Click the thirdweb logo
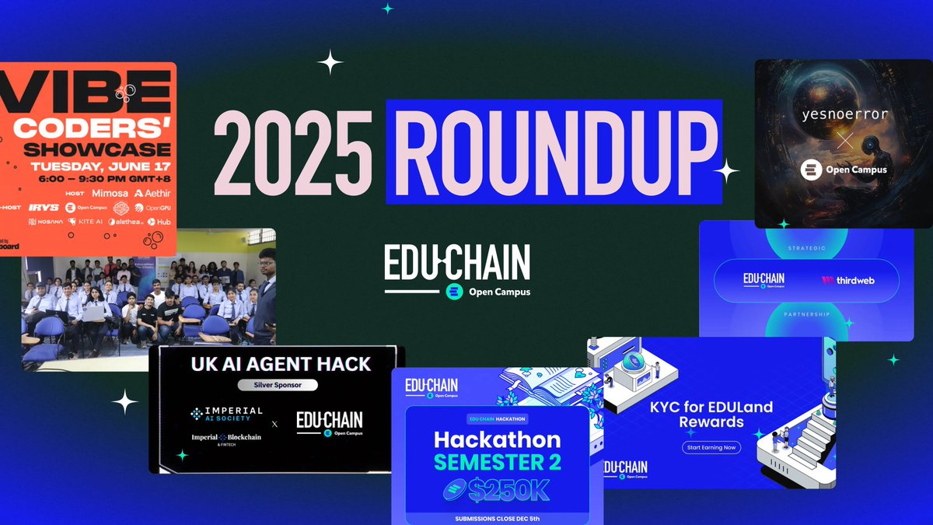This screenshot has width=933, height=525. coord(847,279)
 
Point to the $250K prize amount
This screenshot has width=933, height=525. coord(498,489)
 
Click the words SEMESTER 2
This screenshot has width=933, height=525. coord(497,463)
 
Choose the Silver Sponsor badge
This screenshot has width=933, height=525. coord(276,384)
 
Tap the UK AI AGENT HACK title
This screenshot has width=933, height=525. coord(276,363)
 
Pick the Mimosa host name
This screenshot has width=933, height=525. coord(109,192)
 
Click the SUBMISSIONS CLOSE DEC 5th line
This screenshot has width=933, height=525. coord(498,518)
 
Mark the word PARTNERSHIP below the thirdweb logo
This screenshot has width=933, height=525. coord(806,314)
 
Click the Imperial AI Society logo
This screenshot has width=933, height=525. coord(227,415)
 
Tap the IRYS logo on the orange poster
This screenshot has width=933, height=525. coord(40,208)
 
